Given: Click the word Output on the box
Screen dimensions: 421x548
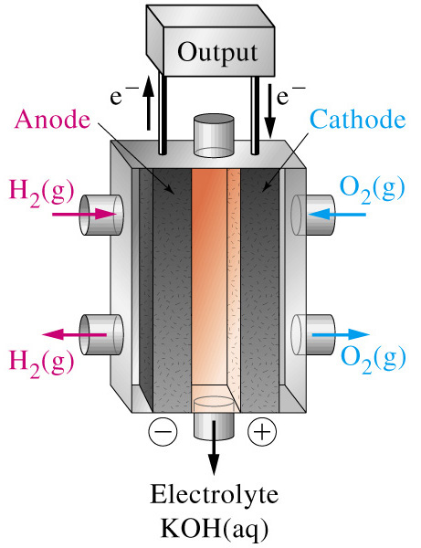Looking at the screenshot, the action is coord(217,53).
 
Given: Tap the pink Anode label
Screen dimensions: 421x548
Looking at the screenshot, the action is coord(52,120).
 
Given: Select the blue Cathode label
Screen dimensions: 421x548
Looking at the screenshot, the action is coord(358,120).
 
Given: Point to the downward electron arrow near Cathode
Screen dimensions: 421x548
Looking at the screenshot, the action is coord(269,111).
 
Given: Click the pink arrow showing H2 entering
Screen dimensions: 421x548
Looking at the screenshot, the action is coord(84,214).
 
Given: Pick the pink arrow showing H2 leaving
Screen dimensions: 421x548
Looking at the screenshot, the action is coord(74,334).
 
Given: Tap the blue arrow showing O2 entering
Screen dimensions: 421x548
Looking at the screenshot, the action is coord(337,214).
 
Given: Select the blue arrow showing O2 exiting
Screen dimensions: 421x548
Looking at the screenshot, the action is coord(341,334).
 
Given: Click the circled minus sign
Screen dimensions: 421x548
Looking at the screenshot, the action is coord(163,431).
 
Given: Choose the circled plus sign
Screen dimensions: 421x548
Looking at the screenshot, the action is coord(262,431).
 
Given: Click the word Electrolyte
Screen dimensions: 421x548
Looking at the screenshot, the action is coord(215,494).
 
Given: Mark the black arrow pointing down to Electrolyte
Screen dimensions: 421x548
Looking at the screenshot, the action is coord(214,448).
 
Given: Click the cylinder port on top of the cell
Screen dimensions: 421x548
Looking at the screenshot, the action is coord(214,135).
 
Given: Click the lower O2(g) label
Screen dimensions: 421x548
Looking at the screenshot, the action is coord(374,359).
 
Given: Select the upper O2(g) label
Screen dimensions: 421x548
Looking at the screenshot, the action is coord(373,189).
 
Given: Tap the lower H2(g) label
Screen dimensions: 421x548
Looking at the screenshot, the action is coord(42,363).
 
